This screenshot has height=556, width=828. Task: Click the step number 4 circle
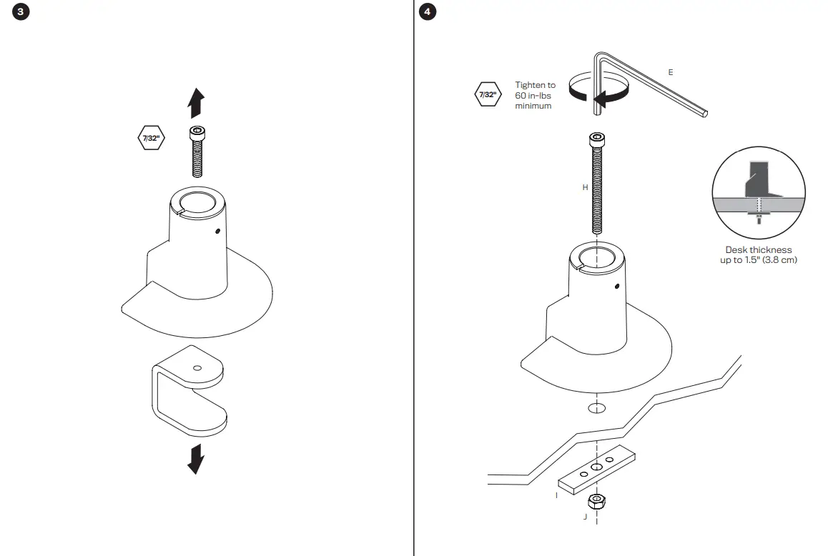(428, 13)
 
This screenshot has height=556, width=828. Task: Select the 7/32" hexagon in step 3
(151, 138)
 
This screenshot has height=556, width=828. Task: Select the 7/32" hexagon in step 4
(488, 94)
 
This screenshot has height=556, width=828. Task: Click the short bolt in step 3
(197, 152)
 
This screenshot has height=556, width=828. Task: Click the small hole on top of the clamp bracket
(197, 368)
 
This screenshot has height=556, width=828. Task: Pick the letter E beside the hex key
(670, 72)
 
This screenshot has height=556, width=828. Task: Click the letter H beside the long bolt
(585, 187)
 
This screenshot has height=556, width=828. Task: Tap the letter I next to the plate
(556, 495)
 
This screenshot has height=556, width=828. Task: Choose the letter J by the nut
(585, 516)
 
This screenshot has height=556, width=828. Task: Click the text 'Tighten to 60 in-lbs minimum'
(535, 95)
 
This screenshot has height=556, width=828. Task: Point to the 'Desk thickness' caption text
(758, 254)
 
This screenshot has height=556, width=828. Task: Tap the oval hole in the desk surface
(596, 407)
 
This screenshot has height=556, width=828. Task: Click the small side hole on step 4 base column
(616, 287)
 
